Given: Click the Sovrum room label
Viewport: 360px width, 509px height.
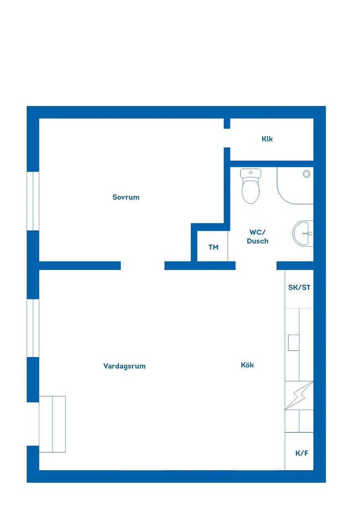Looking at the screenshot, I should coord(126,197).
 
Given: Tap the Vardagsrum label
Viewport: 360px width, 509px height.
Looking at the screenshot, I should coord(124,366).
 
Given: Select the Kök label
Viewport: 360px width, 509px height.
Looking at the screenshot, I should coord(247,365).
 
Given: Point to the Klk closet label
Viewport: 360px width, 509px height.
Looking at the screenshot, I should coord(267,139).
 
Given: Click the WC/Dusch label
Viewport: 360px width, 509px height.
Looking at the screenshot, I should coord(257,236).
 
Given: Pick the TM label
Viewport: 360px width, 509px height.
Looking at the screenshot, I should coord(213,247).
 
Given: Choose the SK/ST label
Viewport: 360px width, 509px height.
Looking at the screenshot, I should coord(299,288).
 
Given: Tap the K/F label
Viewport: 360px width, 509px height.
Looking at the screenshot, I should coord(302,453).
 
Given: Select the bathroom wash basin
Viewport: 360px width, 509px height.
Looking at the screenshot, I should coord(303,233).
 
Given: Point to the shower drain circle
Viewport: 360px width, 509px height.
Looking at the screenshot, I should coord(306,174).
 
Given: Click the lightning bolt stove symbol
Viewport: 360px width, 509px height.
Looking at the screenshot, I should coord(299,396).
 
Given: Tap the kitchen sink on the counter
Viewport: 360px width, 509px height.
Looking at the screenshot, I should coord(293,343).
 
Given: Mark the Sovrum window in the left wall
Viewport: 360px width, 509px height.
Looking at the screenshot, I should coord(33,201).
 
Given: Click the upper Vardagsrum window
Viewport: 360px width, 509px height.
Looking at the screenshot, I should coord(33,328).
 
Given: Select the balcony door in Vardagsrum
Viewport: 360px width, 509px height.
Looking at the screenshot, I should coord(33,424).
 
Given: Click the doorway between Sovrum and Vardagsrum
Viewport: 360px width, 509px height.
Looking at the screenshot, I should coord(142,266).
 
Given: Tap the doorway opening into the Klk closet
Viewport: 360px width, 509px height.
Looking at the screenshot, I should coord(227,138).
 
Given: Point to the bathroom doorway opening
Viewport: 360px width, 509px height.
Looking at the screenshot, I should coord(256,266).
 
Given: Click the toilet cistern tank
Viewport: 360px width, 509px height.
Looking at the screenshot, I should coord(250,173).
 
